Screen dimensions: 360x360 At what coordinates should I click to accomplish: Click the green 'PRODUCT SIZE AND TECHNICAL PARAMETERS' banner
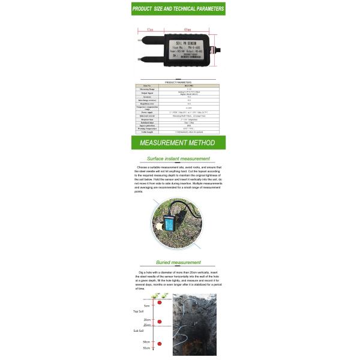(178, 9)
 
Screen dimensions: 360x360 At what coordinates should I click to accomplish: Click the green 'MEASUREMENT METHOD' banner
(178, 143)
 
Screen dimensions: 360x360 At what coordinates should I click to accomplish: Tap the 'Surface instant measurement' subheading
(178, 159)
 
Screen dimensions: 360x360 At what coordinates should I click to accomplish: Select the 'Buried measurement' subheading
(178, 262)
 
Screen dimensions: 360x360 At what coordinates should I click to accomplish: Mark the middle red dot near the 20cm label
(160, 322)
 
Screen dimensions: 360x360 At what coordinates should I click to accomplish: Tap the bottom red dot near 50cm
(160, 344)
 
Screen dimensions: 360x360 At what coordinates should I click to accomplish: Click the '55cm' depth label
(147, 348)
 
